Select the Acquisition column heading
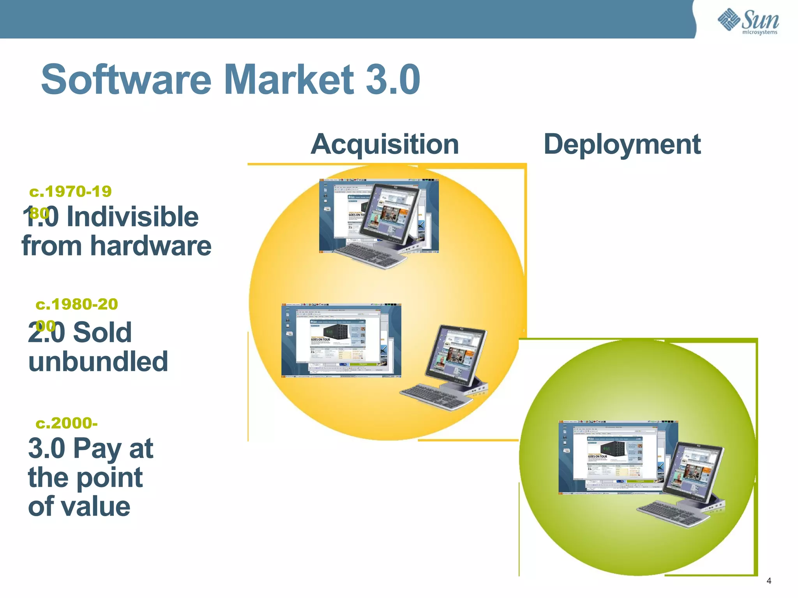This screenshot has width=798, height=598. point(385,144)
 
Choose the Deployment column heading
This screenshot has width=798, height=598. point(622,144)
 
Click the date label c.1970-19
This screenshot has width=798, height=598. point(71,192)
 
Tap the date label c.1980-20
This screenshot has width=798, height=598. point(77,304)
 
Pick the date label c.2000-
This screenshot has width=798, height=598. point(67,423)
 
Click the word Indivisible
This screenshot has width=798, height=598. point(132,217)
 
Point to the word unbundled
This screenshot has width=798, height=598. point(98,362)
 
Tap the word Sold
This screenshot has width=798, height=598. point(102,333)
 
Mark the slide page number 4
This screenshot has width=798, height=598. point(769,581)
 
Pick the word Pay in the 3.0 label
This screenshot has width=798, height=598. point(97,449)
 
